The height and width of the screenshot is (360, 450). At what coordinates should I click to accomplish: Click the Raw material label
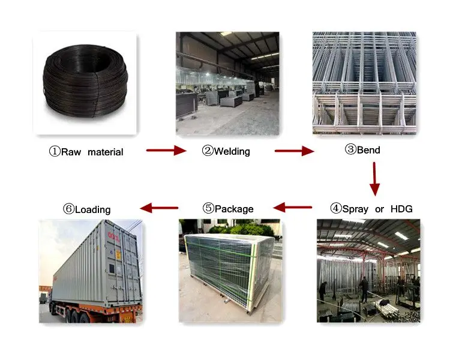click(x=86, y=152)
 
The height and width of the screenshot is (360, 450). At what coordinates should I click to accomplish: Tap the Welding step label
click(x=226, y=151)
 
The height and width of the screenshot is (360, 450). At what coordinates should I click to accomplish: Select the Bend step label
click(x=362, y=150)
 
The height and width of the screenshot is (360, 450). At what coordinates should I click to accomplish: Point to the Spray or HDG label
click(x=371, y=209)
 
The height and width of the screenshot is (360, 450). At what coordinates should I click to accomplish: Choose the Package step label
click(x=228, y=209)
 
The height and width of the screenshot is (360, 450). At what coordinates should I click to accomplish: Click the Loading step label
click(x=87, y=209)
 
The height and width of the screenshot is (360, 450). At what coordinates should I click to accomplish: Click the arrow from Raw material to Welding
click(x=167, y=151)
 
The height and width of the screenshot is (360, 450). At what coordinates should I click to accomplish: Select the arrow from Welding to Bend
click(x=294, y=151)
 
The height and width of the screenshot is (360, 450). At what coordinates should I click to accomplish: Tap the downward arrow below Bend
click(x=375, y=178)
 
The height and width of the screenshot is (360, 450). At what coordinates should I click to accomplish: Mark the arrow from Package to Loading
click(x=159, y=208)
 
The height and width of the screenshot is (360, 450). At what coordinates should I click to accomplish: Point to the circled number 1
click(x=54, y=152)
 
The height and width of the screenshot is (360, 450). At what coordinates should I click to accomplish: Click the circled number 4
click(x=336, y=209)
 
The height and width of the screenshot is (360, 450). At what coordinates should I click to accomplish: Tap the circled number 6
click(x=68, y=209)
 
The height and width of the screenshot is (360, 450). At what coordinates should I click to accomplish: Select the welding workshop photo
click(x=227, y=83)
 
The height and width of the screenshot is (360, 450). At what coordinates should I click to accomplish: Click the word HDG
click(x=401, y=209)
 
